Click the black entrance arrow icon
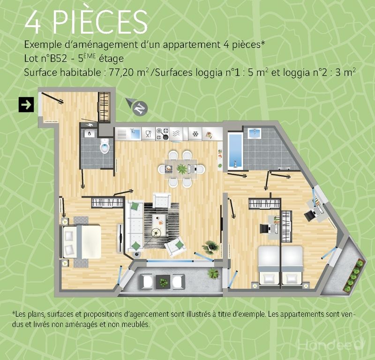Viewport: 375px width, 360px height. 26,105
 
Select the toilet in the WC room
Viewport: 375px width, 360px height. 105,146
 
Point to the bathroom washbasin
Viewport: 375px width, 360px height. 255,133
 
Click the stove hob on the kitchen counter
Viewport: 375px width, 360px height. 162,134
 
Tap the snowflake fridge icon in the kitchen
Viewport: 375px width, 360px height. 195,134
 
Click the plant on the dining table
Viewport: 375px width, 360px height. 182,169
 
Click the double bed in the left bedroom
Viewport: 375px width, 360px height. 81,242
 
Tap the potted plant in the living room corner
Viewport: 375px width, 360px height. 210,247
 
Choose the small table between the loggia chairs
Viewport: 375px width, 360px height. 163,281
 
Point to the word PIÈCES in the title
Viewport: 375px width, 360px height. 100,22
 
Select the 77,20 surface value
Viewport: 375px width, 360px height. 121,73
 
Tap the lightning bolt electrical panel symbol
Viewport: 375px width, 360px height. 89,125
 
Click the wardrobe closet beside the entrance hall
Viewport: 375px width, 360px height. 105,107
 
